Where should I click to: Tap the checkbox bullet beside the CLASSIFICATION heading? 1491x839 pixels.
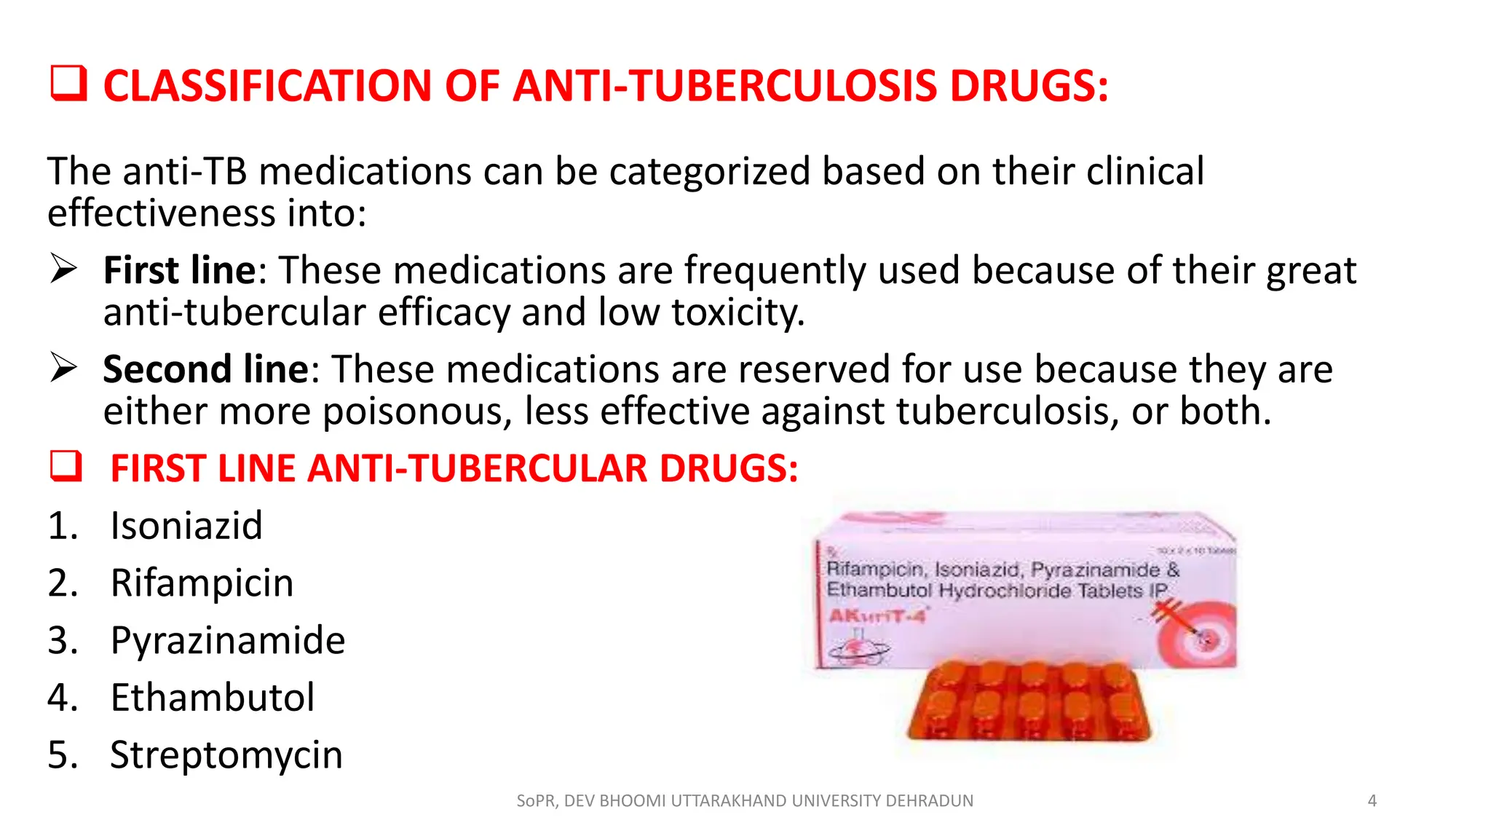click(x=68, y=83)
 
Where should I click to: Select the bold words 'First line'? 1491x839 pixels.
click(x=179, y=270)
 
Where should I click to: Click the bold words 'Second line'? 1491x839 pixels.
click(x=206, y=369)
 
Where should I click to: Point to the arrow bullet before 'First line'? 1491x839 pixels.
click(x=63, y=269)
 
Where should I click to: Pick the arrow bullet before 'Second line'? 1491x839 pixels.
click(x=63, y=368)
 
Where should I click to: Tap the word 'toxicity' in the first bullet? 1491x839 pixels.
click(x=737, y=312)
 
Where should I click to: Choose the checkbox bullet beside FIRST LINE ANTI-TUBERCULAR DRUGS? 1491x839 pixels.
click(x=66, y=466)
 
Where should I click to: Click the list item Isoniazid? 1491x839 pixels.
click(x=186, y=526)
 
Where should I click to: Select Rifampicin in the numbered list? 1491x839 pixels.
click(x=202, y=583)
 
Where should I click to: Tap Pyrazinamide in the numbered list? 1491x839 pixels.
click(x=227, y=641)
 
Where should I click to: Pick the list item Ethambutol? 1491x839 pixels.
click(x=212, y=698)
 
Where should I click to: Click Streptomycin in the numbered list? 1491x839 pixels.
click(x=226, y=755)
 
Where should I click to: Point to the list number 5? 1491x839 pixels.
click(x=61, y=755)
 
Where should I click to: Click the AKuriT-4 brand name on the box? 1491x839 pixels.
click(x=877, y=616)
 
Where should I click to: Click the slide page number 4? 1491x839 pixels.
click(x=1372, y=801)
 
